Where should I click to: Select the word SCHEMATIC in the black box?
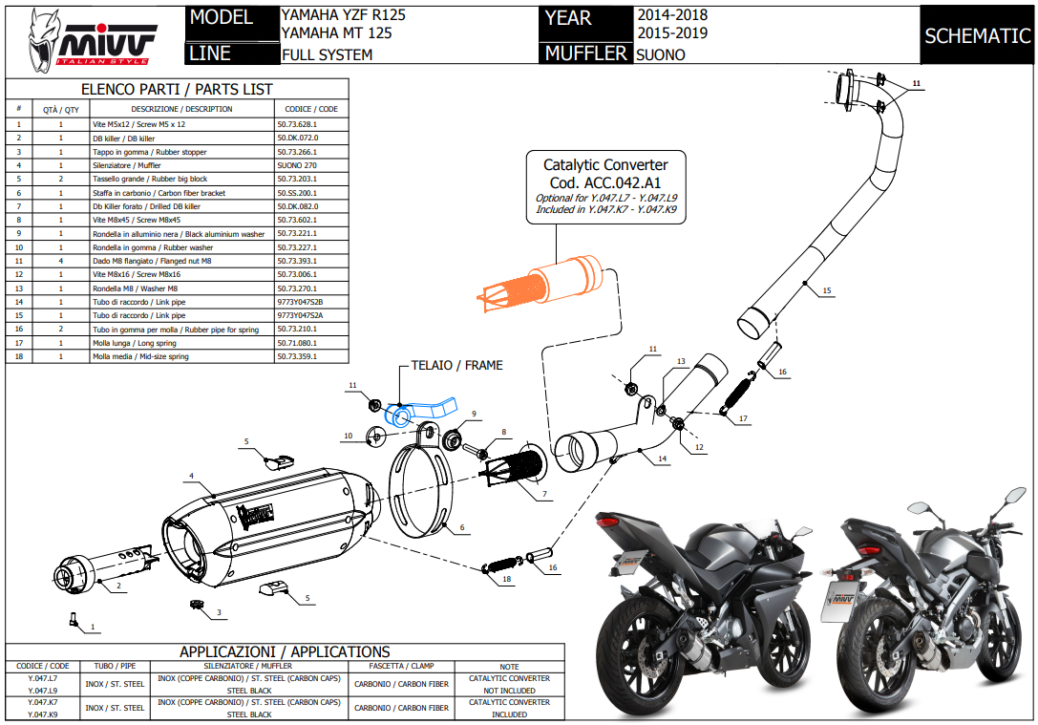pyautogui.click(x=977, y=36)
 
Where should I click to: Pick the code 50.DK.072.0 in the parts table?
pyautogui.click(x=297, y=138)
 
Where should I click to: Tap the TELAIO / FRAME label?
pyautogui.click(x=456, y=365)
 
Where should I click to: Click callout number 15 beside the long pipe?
pyautogui.click(x=827, y=290)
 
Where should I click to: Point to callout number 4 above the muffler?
pyautogui.click(x=192, y=476)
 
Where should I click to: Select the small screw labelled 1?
pyautogui.click(x=74, y=619)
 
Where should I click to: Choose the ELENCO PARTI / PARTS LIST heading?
pyautogui.click(x=177, y=89)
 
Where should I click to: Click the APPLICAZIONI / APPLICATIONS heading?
pyautogui.click(x=286, y=651)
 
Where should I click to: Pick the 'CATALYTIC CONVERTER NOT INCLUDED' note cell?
pyautogui.click(x=509, y=684)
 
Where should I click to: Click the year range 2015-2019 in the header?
pyautogui.click(x=672, y=33)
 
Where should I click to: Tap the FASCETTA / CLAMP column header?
pyautogui.click(x=401, y=666)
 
